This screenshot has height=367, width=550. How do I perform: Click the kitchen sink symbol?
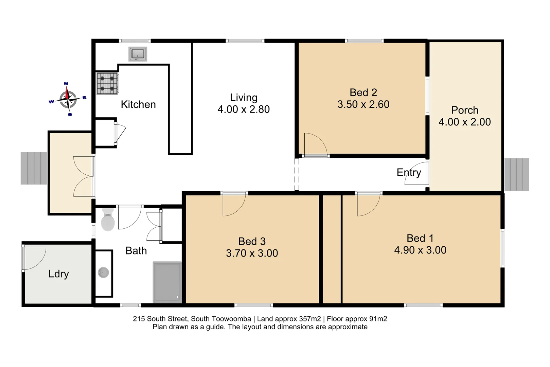pos(138,54)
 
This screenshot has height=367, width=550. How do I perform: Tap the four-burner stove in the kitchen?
pos(107,84)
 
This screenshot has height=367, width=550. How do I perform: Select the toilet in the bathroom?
pos(108,220)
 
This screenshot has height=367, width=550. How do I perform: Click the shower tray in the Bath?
pos(167,282)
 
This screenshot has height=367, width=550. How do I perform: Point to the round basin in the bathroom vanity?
pos(103,273)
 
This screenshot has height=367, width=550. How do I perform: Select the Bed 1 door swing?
pos(368,205)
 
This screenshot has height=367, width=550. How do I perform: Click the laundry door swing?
pos(34,258)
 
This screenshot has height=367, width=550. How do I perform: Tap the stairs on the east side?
pos(516,174)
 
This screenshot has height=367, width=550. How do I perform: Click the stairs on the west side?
pos(34,168)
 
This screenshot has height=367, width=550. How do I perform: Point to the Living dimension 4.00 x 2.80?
pos(244,109)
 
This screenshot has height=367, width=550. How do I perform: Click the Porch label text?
pos(464,110)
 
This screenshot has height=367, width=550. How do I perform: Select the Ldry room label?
pos(58,274)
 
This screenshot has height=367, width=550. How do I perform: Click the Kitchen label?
pos(138,104)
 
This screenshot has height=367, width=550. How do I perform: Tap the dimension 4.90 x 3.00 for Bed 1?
pos(420,250)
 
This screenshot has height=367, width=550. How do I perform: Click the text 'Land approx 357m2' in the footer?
pos(289,319)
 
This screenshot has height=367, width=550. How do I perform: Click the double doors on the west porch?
pos(84,176)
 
